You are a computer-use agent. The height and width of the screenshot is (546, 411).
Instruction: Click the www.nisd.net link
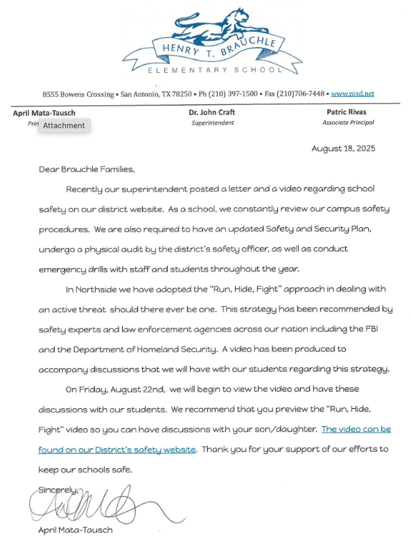352,93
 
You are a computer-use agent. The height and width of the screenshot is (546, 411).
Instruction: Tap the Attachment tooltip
64,125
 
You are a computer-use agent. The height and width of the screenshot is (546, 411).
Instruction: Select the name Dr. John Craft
212,112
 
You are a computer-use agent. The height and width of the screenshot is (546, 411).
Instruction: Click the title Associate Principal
348,123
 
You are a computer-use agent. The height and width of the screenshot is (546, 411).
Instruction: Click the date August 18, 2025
343,149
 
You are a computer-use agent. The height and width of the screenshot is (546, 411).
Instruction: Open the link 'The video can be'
356,429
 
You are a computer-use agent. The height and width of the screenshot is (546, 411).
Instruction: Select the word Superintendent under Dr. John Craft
213,123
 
